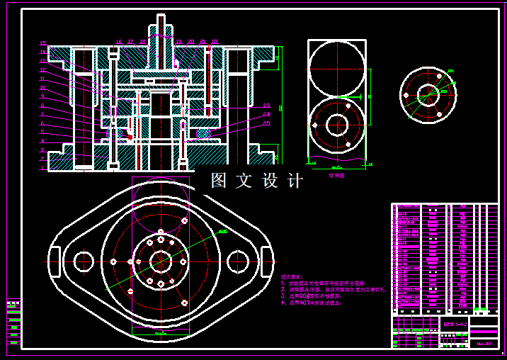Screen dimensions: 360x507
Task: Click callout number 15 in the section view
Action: click(x=43, y=43)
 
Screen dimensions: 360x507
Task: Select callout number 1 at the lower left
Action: click(x=43, y=169)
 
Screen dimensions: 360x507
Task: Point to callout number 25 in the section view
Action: click(x=266, y=124)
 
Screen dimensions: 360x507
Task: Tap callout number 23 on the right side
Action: click(x=266, y=106)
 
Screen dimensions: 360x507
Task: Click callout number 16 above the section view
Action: click(x=118, y=43)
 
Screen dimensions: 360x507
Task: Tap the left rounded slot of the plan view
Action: click(x=56, y=261)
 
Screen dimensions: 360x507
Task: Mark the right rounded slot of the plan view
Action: click(x=266, y=261)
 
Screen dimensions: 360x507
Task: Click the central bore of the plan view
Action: click(x=161, y=261)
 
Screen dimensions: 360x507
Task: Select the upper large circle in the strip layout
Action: click(x=338, y=69)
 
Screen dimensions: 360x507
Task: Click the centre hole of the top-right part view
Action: click(x=428, y=94)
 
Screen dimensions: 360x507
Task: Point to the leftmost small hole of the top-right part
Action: click(x=405, y=94)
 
